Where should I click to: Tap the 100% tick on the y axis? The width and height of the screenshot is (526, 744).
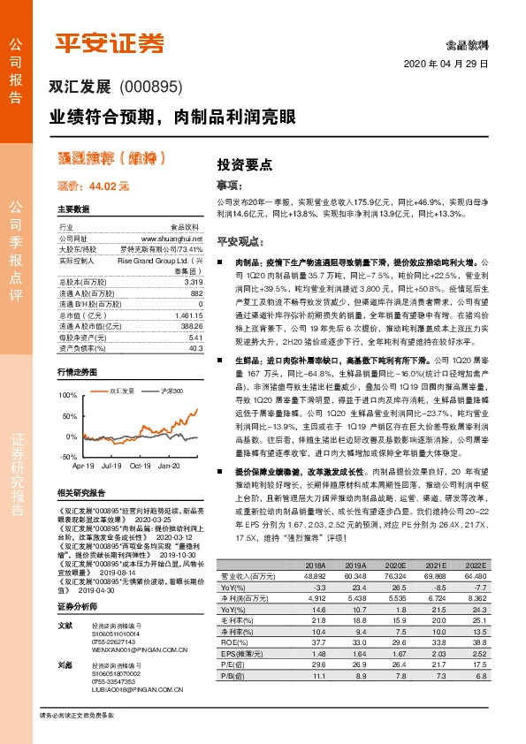coord(67,395)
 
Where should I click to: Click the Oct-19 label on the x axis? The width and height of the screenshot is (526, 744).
coord(140,464)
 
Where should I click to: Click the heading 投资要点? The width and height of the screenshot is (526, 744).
coord(244,164)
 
